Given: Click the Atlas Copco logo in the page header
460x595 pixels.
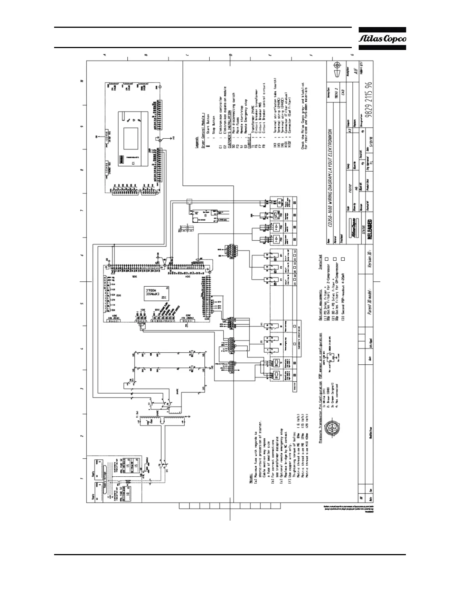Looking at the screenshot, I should tap(382, 39).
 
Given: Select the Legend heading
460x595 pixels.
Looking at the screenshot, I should tap(197, 142).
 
